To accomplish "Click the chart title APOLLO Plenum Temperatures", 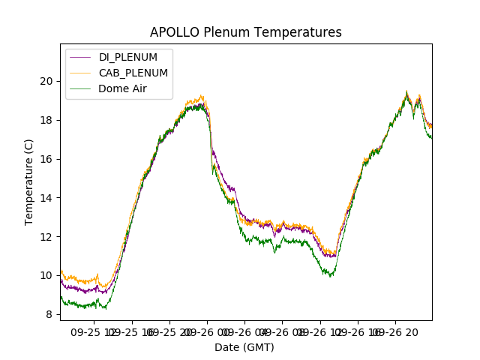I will pyautogui.click(x=245, y=32).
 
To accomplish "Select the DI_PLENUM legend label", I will pyautogui.click(x=128, y=57).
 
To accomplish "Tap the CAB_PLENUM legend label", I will pyautogui.click(x=133, y=73).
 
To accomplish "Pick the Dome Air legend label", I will pyautogui.click(x=124, y=88).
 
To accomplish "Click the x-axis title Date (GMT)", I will pyautogui.click(x=244, y=347).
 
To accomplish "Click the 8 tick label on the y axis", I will pyautogui.click(x=49, y=315).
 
